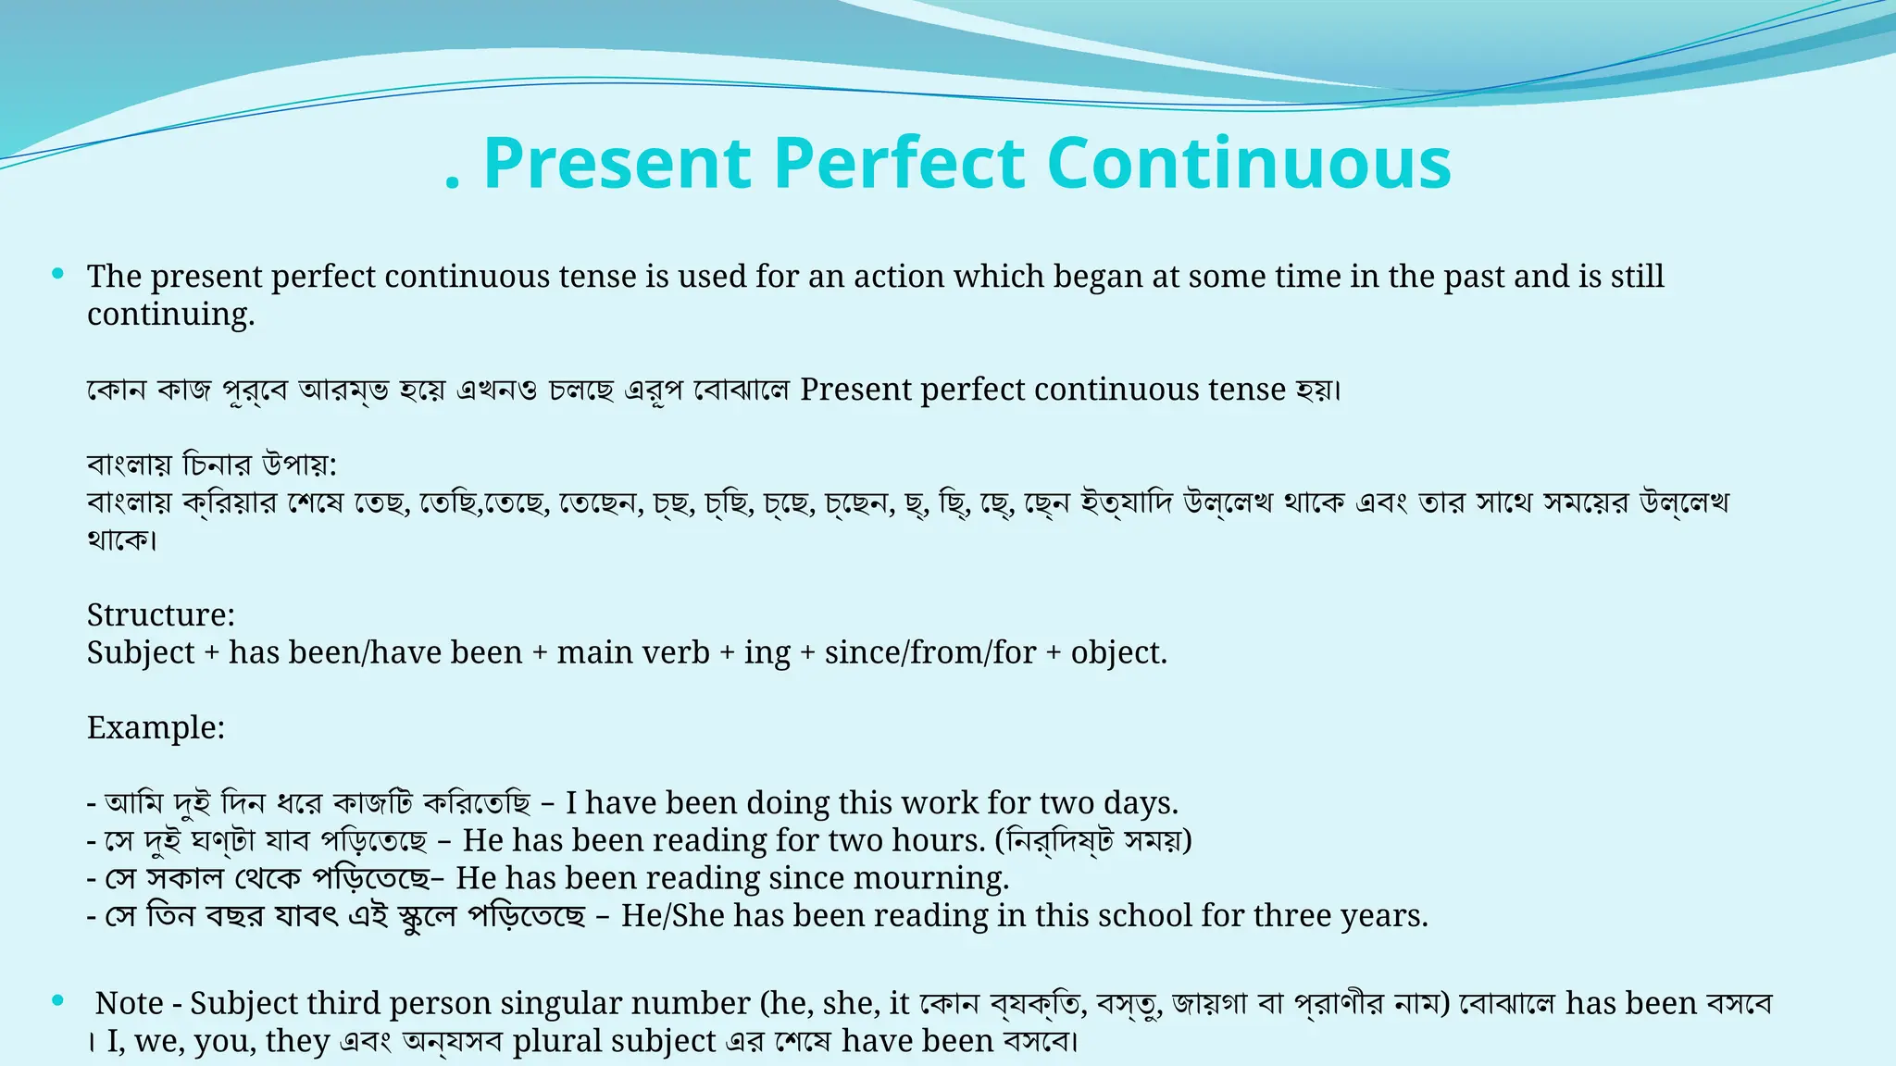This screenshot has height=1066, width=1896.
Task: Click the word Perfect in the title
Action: click(x=898, y=163)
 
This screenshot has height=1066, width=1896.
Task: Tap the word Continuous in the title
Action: click(x=1249, y=163)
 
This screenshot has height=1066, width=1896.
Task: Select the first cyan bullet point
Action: click(x=58, y=273)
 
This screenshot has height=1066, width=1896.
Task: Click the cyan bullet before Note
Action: click(x=58, y=1000)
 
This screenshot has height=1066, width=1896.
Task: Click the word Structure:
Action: click(x=161, y=614)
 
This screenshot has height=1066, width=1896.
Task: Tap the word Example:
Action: click(x=156, y=727)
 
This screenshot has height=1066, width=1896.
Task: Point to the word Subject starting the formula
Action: click(x=141, y=652)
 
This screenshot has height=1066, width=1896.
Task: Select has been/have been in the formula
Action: click(x=375, y=652)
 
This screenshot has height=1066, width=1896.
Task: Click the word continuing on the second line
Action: click(x=169, y=315)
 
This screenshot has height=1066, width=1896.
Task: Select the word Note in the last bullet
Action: click(x=129, y=1003)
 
